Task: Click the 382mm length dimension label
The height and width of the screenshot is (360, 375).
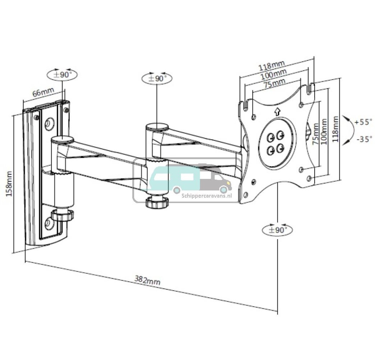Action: (147, 280)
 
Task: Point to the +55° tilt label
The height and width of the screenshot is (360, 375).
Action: (363, 122)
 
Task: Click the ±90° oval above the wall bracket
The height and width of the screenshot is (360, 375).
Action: (62, 74)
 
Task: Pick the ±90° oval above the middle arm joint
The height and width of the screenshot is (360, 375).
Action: (157, 78)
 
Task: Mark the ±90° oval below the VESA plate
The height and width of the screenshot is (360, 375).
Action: (278, 230)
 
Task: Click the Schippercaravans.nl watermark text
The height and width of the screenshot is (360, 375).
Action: (207, 196)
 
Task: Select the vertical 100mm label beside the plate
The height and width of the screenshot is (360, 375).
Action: (324, 131)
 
